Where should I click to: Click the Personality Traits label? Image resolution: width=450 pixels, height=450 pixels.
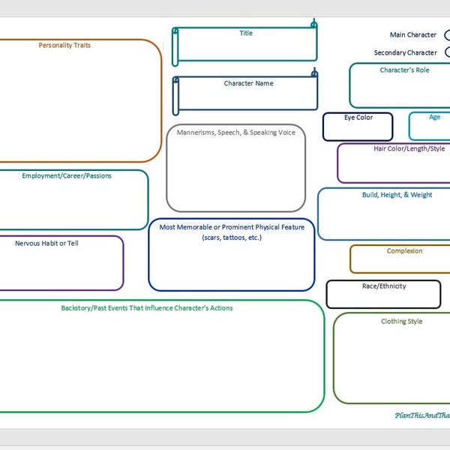[x=75, y=45]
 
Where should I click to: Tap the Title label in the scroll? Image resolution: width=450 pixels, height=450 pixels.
[x=246, y=33]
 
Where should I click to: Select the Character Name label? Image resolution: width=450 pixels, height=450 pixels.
[x=248, y=83]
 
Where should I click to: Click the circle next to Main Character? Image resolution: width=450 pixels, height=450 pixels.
[x=448, y=35]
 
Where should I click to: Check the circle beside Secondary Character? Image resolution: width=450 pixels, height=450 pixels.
[x=448, y=52]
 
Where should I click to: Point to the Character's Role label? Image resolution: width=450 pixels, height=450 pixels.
[x=404, y=70]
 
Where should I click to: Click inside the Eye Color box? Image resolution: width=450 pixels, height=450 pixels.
[x=358, y=127]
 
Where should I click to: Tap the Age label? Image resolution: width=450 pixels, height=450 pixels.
[x=434, y=117]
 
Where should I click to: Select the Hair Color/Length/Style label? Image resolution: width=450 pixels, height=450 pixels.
[x=409, y=148]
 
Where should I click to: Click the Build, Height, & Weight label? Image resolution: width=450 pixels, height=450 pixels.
[x=397, y=195]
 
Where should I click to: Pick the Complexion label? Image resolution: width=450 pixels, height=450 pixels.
[x=404, y=251]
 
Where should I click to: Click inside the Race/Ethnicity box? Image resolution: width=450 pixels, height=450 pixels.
[x=382, y=295]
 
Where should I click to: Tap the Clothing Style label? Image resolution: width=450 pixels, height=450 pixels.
[x=401, y=322]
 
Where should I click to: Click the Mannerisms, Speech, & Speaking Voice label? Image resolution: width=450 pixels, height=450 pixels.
[x=235, y=133]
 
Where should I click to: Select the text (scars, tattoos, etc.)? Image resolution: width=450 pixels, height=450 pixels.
[x=232, y=237]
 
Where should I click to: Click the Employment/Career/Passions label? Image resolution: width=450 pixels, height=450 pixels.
[x=67, y=175]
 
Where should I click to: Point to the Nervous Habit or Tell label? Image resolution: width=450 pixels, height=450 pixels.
[x=46, y=243]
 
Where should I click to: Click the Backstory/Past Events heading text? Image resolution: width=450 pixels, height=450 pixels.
[x=147, y=307]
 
